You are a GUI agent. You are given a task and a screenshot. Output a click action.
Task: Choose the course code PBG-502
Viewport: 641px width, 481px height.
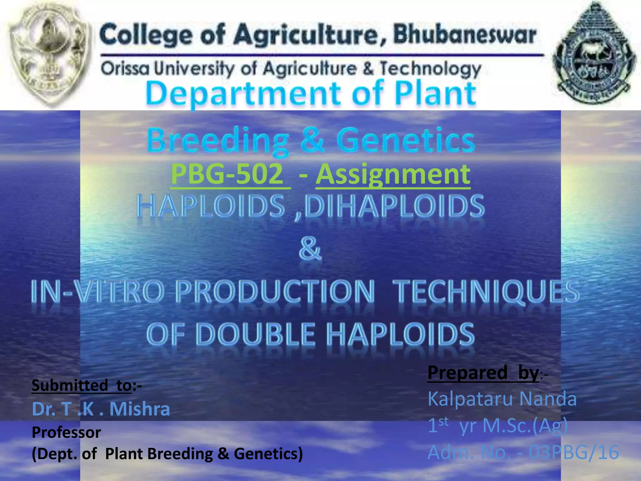[228, 174]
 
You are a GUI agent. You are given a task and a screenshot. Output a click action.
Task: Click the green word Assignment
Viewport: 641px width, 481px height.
[393, 174]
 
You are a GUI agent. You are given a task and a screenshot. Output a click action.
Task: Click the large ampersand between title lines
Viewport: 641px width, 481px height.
[310, 249]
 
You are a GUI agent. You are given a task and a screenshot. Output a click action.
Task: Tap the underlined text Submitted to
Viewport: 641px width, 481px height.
[82, 385]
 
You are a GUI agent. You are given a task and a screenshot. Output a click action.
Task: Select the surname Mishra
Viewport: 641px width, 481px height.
[140, 409]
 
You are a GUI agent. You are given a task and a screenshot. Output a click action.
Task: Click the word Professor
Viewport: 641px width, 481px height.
[66, 432]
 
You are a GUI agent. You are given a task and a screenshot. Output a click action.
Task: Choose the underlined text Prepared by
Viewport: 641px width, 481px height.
[483, 373]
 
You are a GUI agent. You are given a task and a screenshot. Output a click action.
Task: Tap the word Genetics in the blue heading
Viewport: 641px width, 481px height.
[405, 140]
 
